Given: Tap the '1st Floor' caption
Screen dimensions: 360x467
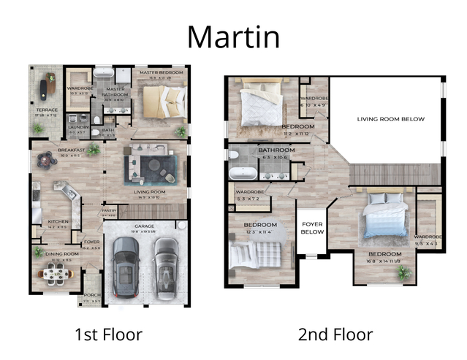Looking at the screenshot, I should coord(108,334).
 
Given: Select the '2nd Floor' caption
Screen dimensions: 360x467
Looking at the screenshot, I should coord(335,334).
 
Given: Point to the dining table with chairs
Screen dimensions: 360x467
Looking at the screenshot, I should coord(56,275).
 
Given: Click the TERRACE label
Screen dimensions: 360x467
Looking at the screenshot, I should coord(47,110).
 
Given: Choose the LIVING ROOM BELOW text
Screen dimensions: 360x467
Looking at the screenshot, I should coord(390,118).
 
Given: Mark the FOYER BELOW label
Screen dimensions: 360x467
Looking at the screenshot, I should coord(312,229).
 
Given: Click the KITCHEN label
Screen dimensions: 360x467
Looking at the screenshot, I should coord(58,221).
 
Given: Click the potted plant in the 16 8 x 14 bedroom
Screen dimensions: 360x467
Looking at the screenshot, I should coord(403,273).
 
